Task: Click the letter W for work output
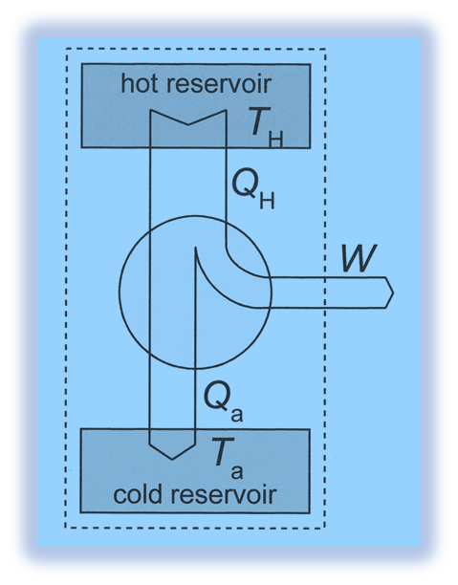click(358, 257)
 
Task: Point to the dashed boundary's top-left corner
click(65, 49)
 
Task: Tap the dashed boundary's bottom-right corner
click(326, 528)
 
